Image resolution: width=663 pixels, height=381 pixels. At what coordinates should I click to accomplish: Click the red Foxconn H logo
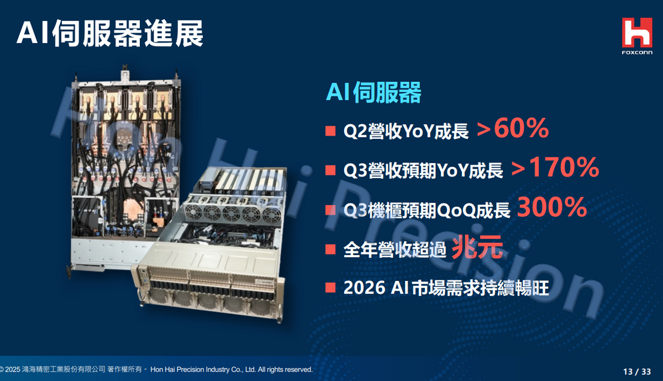pyautogui.click(x=637, y=32)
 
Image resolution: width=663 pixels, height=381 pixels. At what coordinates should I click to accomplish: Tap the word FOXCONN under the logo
pyautogui.click(x=637, y=53)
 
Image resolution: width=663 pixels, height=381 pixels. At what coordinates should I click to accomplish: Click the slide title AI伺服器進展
pyautogui.click(x=110, y=33)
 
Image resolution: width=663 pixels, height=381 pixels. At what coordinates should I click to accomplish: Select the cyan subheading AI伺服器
pyautogui.click(x=373, y=92)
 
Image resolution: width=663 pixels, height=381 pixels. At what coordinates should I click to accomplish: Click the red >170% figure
pyautogui.click(x=555, y=168)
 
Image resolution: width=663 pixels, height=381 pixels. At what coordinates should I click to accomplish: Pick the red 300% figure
pyautogui.click(x=552, y=207)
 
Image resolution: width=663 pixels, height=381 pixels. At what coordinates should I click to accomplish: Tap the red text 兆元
pyautogui.click(x=477, y=247)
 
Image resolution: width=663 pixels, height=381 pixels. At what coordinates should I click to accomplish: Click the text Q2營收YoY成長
pyautogui.click(x=406, y=131)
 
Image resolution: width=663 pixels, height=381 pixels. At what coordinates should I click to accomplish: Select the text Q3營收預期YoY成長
pyautogui.click(x=423, y=170)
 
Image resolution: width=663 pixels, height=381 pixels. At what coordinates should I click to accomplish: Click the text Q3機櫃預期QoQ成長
pyautogui.click(x=427, y=210)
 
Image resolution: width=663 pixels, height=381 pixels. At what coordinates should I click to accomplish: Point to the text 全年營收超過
pyautogui.click(x=395, y=249)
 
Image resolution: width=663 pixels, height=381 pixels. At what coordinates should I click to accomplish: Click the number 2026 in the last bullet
pyautogui.click(x=364, y=288)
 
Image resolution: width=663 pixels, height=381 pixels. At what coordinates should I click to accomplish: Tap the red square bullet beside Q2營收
pyautogui.click(x=330, y=131)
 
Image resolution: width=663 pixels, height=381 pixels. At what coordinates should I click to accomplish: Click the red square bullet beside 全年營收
pyautogui.click(x=330, y=249)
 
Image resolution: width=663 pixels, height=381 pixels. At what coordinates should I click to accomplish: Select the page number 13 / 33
pyautogui.click(x=637, y=372)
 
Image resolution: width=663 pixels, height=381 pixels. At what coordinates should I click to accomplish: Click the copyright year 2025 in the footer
pyautogui.click(x=13, y=369)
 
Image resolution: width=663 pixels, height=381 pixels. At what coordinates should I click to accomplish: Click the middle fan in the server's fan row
pyautogui.click(x=231, y=213)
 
